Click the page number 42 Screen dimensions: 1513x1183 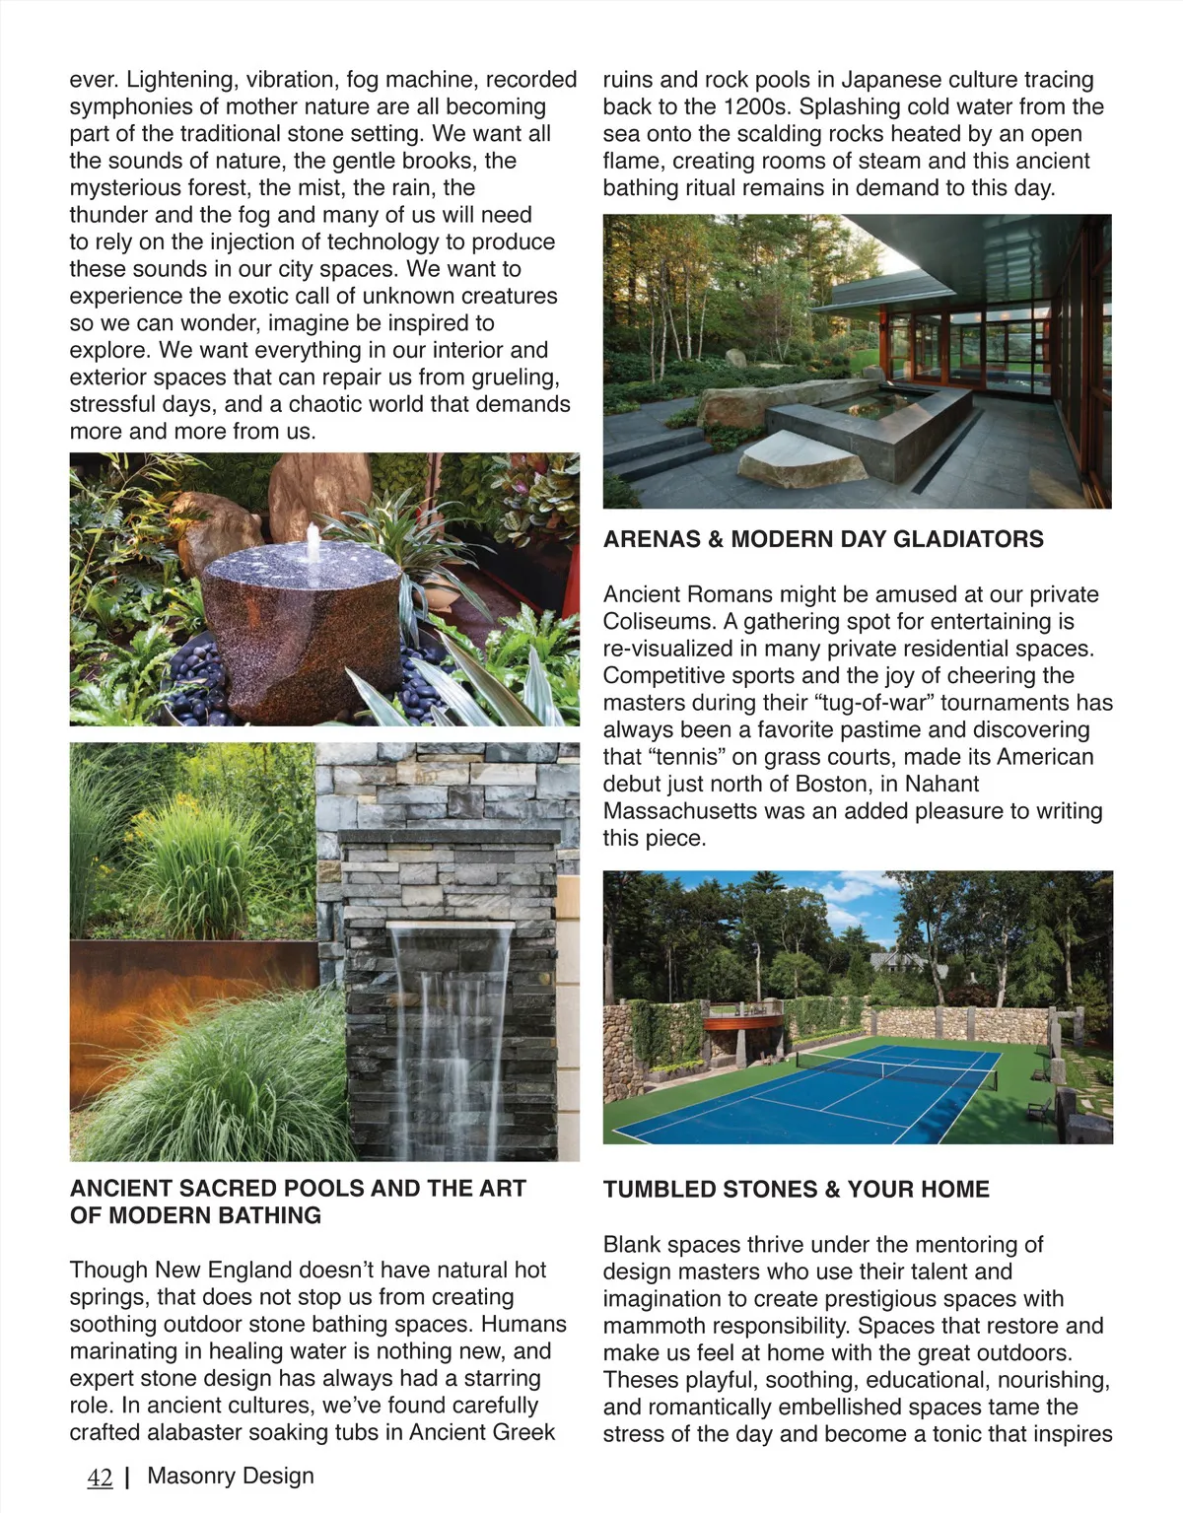point(100,1478)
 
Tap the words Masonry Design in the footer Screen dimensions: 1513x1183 point(231,1476)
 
